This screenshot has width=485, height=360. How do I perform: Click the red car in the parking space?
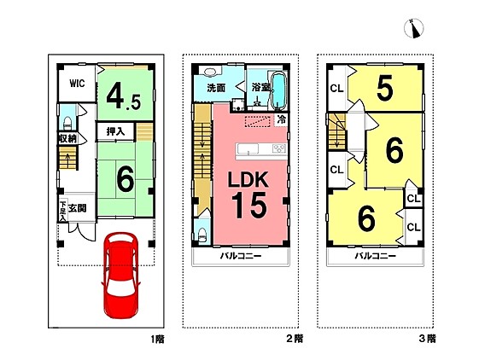120,275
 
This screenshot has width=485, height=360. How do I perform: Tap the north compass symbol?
413,28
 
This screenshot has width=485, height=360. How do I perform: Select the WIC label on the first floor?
77,83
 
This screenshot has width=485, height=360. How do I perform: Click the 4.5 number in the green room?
124,97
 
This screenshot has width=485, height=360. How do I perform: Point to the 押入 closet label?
115,131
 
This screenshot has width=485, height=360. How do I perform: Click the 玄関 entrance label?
78,208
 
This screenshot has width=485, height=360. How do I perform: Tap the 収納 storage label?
67,138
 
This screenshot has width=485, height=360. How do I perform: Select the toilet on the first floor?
67,124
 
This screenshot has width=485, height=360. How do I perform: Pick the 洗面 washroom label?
216,88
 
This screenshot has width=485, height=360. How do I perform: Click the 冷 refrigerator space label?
281,119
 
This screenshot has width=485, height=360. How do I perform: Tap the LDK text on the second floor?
248,179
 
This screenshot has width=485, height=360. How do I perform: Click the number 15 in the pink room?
249,205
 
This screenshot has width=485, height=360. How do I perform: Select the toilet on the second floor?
202,235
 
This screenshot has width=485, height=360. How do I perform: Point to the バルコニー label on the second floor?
241,256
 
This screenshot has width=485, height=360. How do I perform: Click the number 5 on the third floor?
385,88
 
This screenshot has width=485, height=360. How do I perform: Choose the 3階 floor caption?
428,339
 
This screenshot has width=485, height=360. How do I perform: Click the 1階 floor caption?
158,340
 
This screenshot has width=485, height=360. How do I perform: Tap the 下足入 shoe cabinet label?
63,211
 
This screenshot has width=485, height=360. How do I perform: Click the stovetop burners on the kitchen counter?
279,148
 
